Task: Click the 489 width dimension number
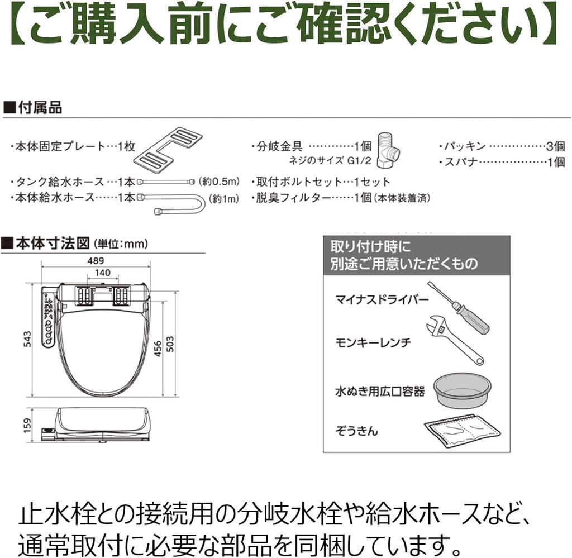pos(96,261)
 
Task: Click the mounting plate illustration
pos(169,148)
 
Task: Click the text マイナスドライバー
pos(382,301)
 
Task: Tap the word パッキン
pos(464,146)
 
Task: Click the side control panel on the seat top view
pos(49,318)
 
